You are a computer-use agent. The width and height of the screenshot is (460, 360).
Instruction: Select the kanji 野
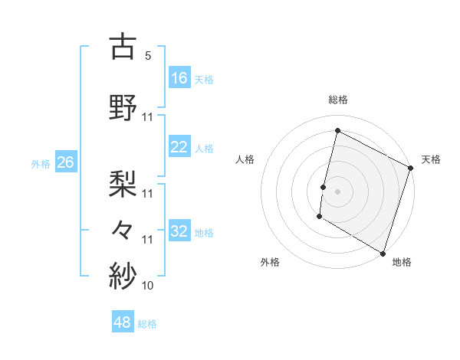pyautogui.click(x=123, y=106)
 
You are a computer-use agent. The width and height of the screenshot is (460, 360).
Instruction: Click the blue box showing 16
pyautogui.click(x=179, y=78)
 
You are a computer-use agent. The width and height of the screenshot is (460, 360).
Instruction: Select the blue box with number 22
pyautogui.click(x=179, y=147)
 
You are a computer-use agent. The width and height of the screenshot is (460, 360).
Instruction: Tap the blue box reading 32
pyautogui.click(x=179, y=231)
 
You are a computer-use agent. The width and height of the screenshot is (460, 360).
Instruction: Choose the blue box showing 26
pyautogui.click(x=66, y=162)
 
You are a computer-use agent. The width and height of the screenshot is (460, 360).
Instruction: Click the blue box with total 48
pyautogui.click(x=123, y=322)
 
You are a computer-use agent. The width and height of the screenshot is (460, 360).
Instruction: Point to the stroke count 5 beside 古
pyautogui.click(x=147, y=56)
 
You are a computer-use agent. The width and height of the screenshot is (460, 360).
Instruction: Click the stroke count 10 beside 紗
pyautogui.click(x=148, y=286)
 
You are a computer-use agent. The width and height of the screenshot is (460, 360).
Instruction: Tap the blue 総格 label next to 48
pyautogui.click(x=147, y=324)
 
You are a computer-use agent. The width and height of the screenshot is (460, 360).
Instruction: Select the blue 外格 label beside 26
pyautogui.click(x=41, y=163)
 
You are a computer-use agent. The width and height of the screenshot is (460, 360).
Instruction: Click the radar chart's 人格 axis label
pyautogui.click(x=245, y=159)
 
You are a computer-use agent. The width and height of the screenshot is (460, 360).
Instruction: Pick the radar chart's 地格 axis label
pyautogui.click(x=402, y=262)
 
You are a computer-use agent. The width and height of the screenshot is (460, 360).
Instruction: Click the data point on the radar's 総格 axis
pyautogui.click(x=337, y=131)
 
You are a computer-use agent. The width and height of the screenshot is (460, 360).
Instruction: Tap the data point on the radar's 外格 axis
pyautogui.click(x=319, y=217)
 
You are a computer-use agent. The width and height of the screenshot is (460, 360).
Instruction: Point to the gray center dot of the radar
pyautogui.click(x=337, y=191)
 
